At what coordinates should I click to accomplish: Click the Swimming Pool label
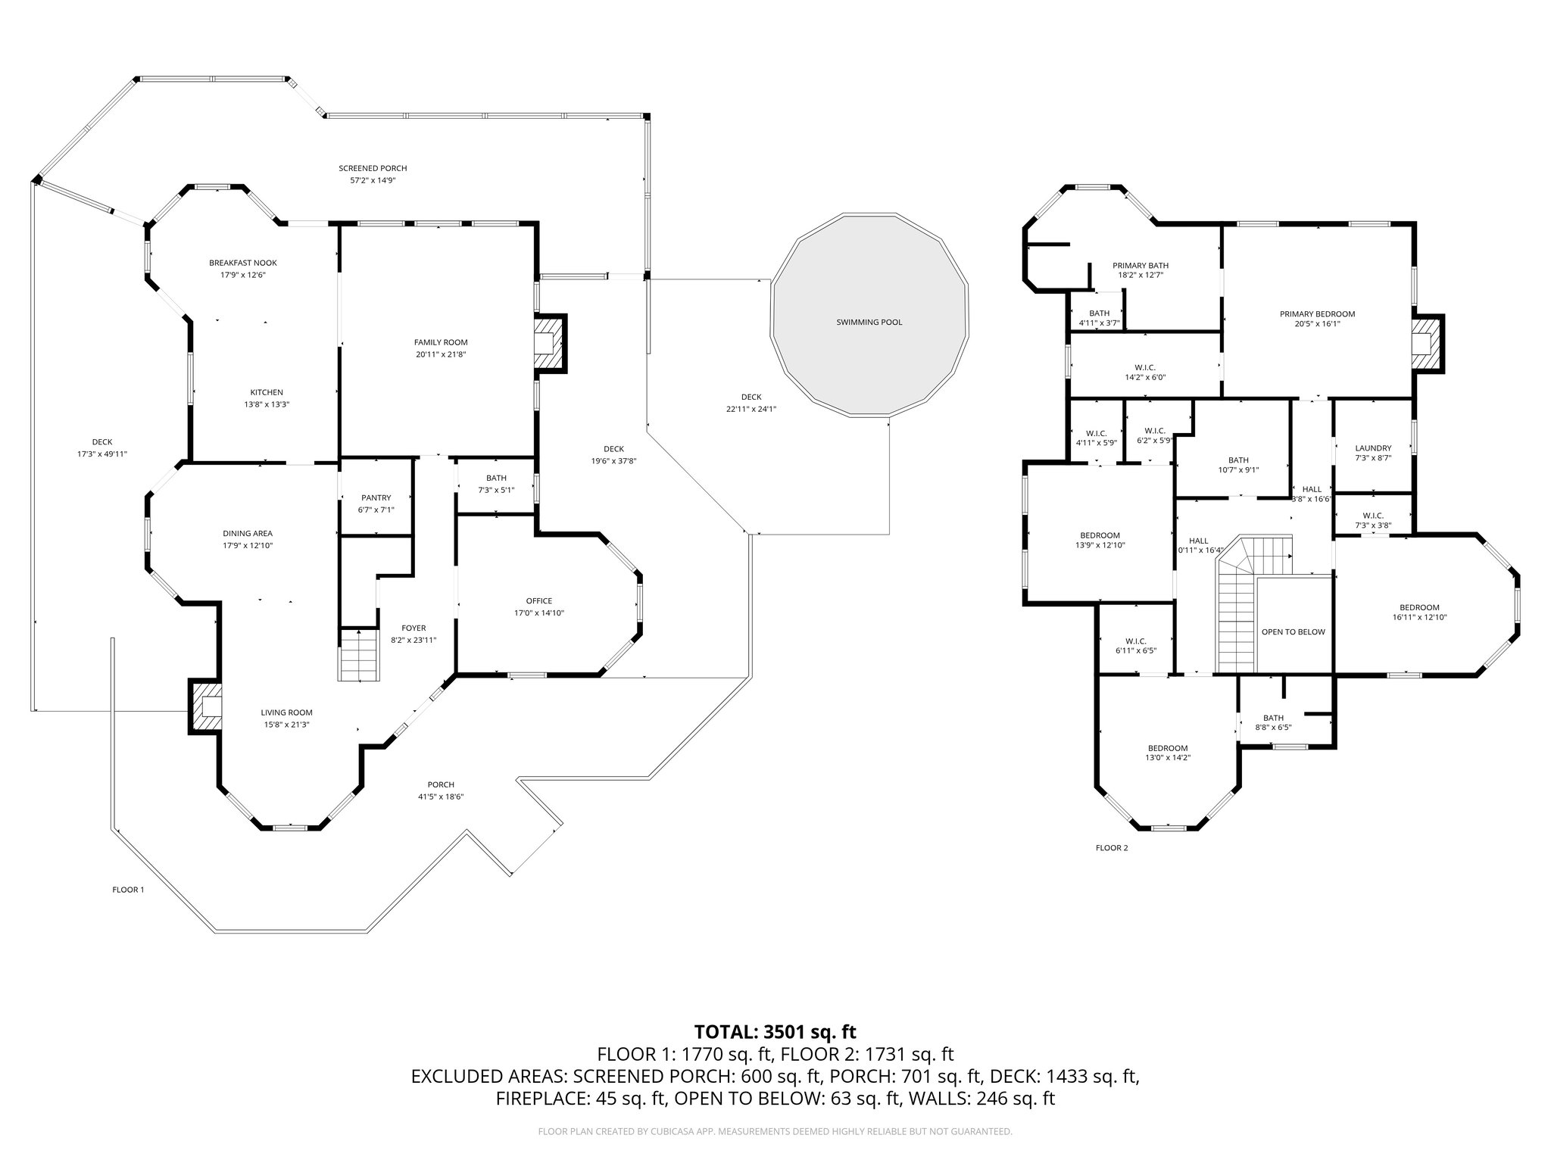pyautogui.click(x=869, y=322)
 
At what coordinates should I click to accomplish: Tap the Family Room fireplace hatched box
pyautogui.click(x=547, y=342)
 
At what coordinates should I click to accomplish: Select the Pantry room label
pyautogui.click(x=376, y=497)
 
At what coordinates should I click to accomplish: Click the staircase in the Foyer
pyautogui.click(x=357, y=656)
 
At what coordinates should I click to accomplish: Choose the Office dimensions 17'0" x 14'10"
pyautogui.click(x=538, y=613)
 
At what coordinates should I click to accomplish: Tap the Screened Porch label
pyautogui.click(x=373, y=168)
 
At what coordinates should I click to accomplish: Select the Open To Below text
pyautogui.click(x=1293, y=631)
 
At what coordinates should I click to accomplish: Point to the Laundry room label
pyautogui.click(x=1373, y=448)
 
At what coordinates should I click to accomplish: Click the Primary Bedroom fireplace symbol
pyautogui.click(x=1425, y=342)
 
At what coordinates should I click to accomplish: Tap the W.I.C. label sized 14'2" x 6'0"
pyautogui.click(x=1144, y=367)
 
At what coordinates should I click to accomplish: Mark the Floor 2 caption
pyautogui.click(x=1112, y=848)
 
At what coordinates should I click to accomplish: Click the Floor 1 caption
pyautogui.click(x=128, y=890)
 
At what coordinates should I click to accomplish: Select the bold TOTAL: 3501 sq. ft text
pyautogui.click(x=775, y=1031)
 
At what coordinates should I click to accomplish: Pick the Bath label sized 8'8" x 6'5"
pyautogui.click(x=1273, y=719)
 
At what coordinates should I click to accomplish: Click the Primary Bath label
pyautogui.click(x=1140, y=265)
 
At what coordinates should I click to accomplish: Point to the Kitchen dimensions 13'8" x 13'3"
pyautogui.click(x=267, y=404)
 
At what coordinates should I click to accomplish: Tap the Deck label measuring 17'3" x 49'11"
pyautogui.click(x=102, y=442)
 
